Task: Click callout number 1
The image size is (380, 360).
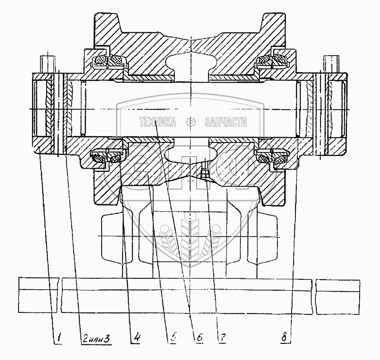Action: tap(58, 338)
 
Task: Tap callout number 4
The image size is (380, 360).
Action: tap(137, 338)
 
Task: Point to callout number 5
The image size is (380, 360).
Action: tap(174, 338)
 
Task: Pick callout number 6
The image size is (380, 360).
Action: tap(200, 338)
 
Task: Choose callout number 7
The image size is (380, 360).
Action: tap(221, 338)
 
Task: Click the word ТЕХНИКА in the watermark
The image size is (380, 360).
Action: tap(157, 122)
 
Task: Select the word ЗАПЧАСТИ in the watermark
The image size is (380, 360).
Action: tap(225, 122)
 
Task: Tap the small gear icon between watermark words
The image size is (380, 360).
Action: tap(191, 122)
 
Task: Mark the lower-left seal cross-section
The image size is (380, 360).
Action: tap(107, 157)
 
